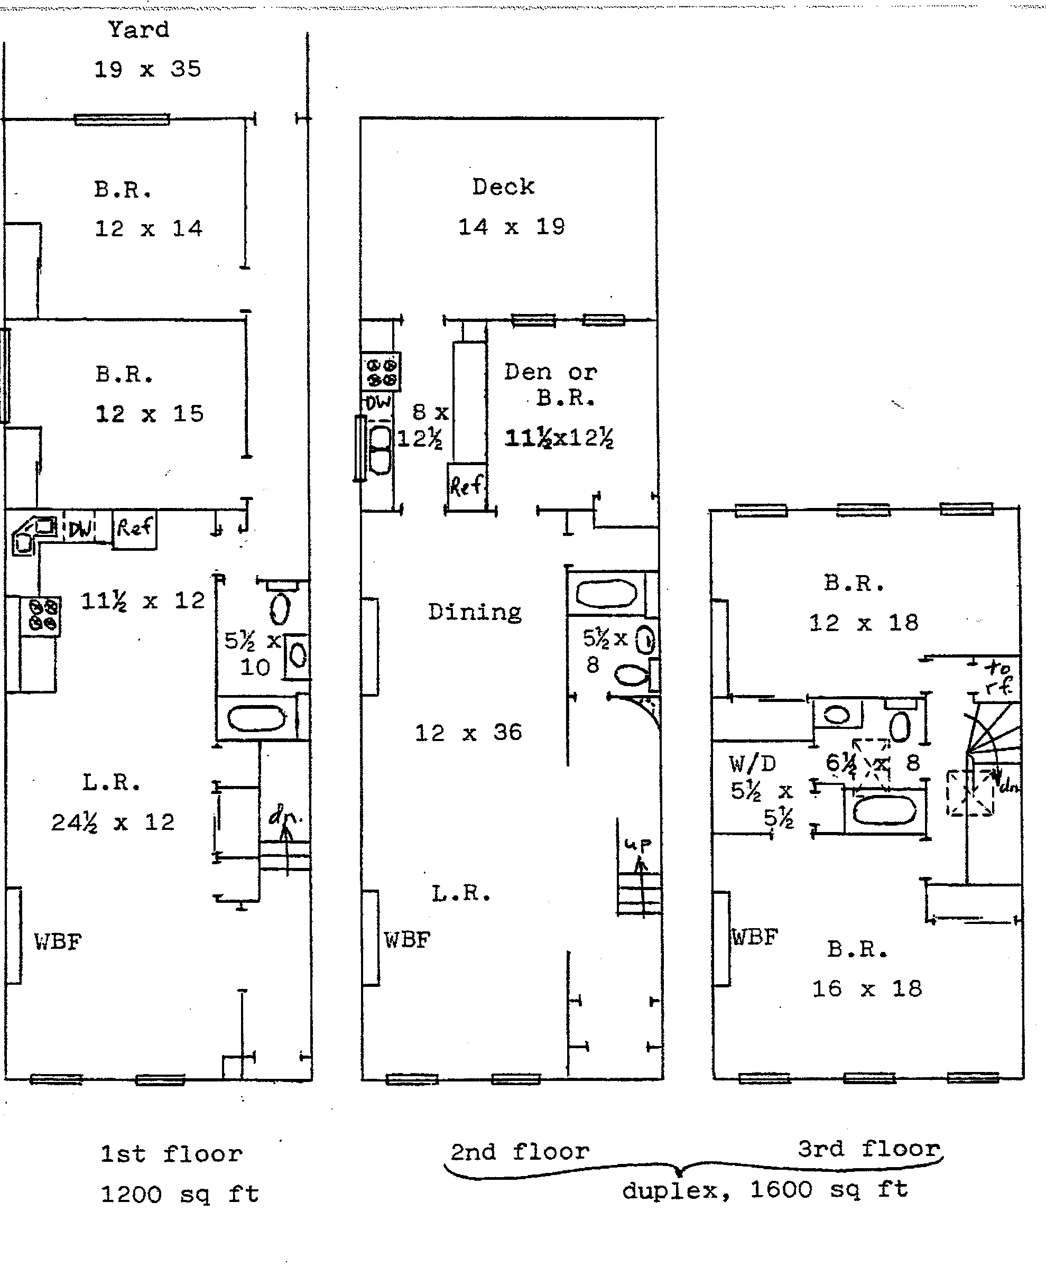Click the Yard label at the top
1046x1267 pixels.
click(138, 30)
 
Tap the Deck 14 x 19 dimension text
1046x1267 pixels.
click(512, 227)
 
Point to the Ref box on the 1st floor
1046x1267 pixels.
click(134, 529)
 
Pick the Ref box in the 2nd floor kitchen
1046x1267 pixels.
click(466, 486)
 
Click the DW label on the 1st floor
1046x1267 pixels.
click(81, 529)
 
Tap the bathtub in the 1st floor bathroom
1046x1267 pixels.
click(257, 718)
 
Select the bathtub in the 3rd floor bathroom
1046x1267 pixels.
click(884, 810)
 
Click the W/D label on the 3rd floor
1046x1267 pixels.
click(752, 764)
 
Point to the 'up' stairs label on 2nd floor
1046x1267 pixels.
click(638, 844)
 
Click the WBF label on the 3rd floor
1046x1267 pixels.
click(755, 937)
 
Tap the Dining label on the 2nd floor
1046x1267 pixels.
click(475, 612)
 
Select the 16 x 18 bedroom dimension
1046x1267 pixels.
click(866, 988)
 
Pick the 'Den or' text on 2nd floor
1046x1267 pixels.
click(550, 372)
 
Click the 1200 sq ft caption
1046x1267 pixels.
click(180, 1194)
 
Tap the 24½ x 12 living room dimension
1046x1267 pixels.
click(113, 822)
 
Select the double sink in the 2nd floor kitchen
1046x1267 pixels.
click(379, 450)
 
